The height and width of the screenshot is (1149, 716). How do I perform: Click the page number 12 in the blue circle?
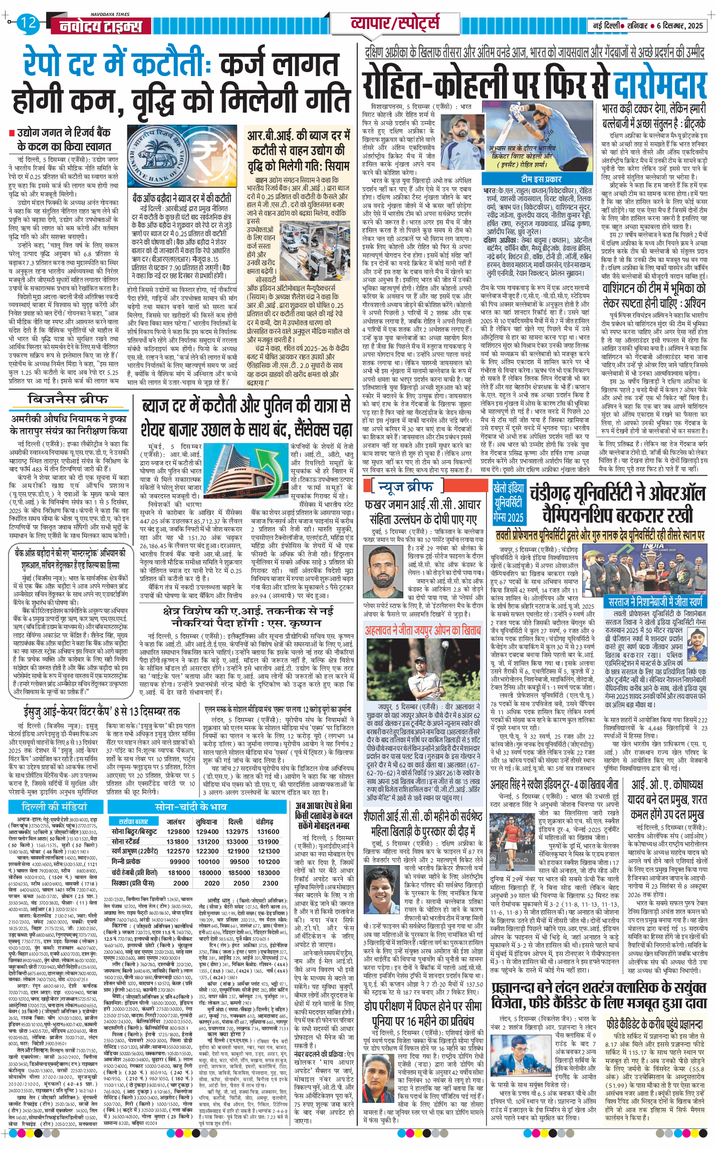[29, 23]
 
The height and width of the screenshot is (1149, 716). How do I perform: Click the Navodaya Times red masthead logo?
[100, 27]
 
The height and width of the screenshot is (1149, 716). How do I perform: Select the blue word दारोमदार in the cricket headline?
[660, 86]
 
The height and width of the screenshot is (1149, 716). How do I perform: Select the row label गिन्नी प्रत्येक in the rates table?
[126, 861]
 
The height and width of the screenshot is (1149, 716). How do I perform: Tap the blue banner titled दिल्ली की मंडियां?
[55, 807]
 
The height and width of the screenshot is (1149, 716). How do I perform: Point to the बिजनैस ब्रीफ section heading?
[68, 399]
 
